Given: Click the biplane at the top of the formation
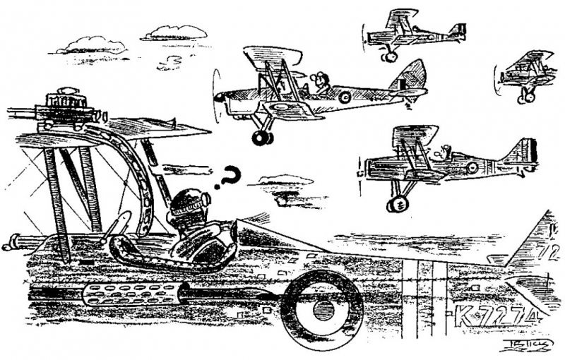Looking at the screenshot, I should [413, 32].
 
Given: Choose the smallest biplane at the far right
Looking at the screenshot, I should [526, 74].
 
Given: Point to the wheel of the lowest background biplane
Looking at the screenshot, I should [397, 203].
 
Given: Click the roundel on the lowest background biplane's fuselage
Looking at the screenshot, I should [471, 167].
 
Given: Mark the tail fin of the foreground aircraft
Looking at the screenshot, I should [540, 244].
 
